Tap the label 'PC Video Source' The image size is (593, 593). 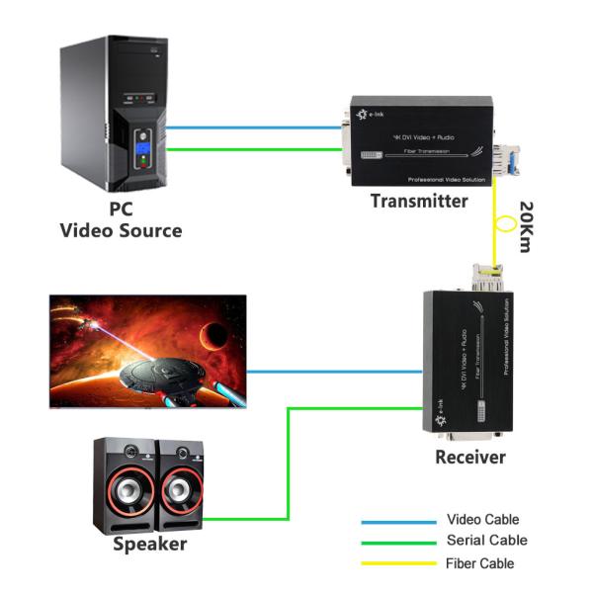pos(121,220)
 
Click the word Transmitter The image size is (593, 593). pos(419,202)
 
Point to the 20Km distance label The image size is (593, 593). pos(525,228)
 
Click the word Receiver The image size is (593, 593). pos(469,458)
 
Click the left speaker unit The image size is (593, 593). pos(124,485)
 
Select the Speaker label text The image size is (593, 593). pos(149,545)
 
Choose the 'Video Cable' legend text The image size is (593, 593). pos(482,520)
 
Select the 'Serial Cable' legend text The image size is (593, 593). pos(486,541)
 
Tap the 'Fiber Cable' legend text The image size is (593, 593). pos(480,563)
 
